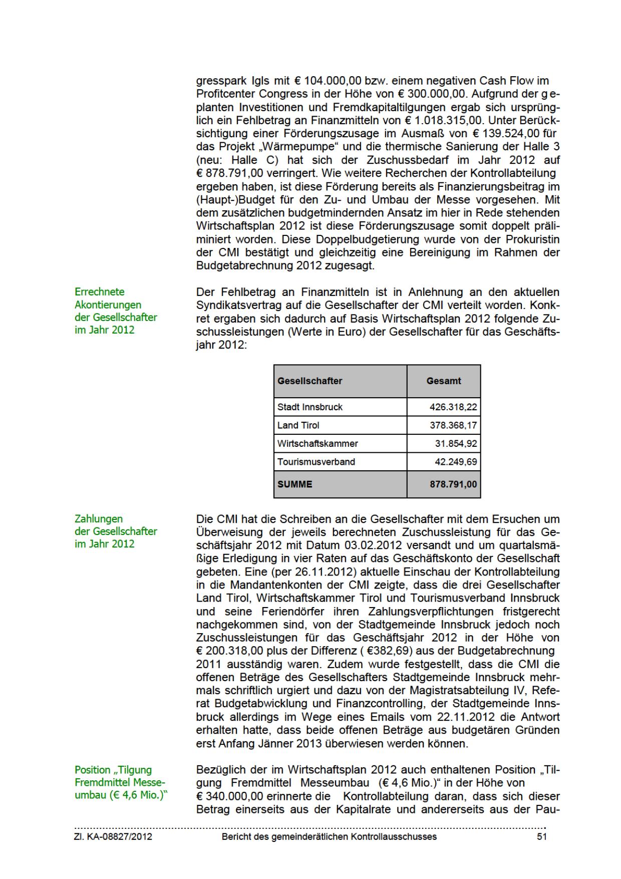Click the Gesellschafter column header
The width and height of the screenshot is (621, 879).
pyautogui.click(x=309, y=381)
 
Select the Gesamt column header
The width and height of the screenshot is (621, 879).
pyautogui.click(x=444, y=381)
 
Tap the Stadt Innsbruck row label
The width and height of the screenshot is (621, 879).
pyautogui.click(x=310, y=407)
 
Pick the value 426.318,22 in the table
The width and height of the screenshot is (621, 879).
pyautogui.click(x=453, y=407)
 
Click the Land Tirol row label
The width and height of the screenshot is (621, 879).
pyautogui.click(x=298, y=425)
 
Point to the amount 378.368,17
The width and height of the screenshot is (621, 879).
pyautogui.click(x=453, y=425)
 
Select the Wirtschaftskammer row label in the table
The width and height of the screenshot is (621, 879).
pyautogui.click(x=318, y=443)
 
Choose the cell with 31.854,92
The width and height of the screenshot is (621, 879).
pyautogui.click(x=456, y=443)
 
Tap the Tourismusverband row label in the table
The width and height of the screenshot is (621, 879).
pyautogui.click(x=316, y=461)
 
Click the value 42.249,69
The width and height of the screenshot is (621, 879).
pyautogui.click(x=456, y=461)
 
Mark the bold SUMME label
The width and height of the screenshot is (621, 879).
pyautogui.click(x=295, y=484)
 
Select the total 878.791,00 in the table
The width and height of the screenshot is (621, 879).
pyautogui.click(x=453, y=484)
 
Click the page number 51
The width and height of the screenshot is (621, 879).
pyautogui.click(x=541, y=836)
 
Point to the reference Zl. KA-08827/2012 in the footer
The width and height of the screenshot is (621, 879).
pyautogui.click(x=113, y=836)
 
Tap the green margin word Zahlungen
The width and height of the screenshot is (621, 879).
pyautogui.click(x=99, y=518)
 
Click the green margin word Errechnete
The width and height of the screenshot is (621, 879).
pyautogui.click(x=100, y=291)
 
